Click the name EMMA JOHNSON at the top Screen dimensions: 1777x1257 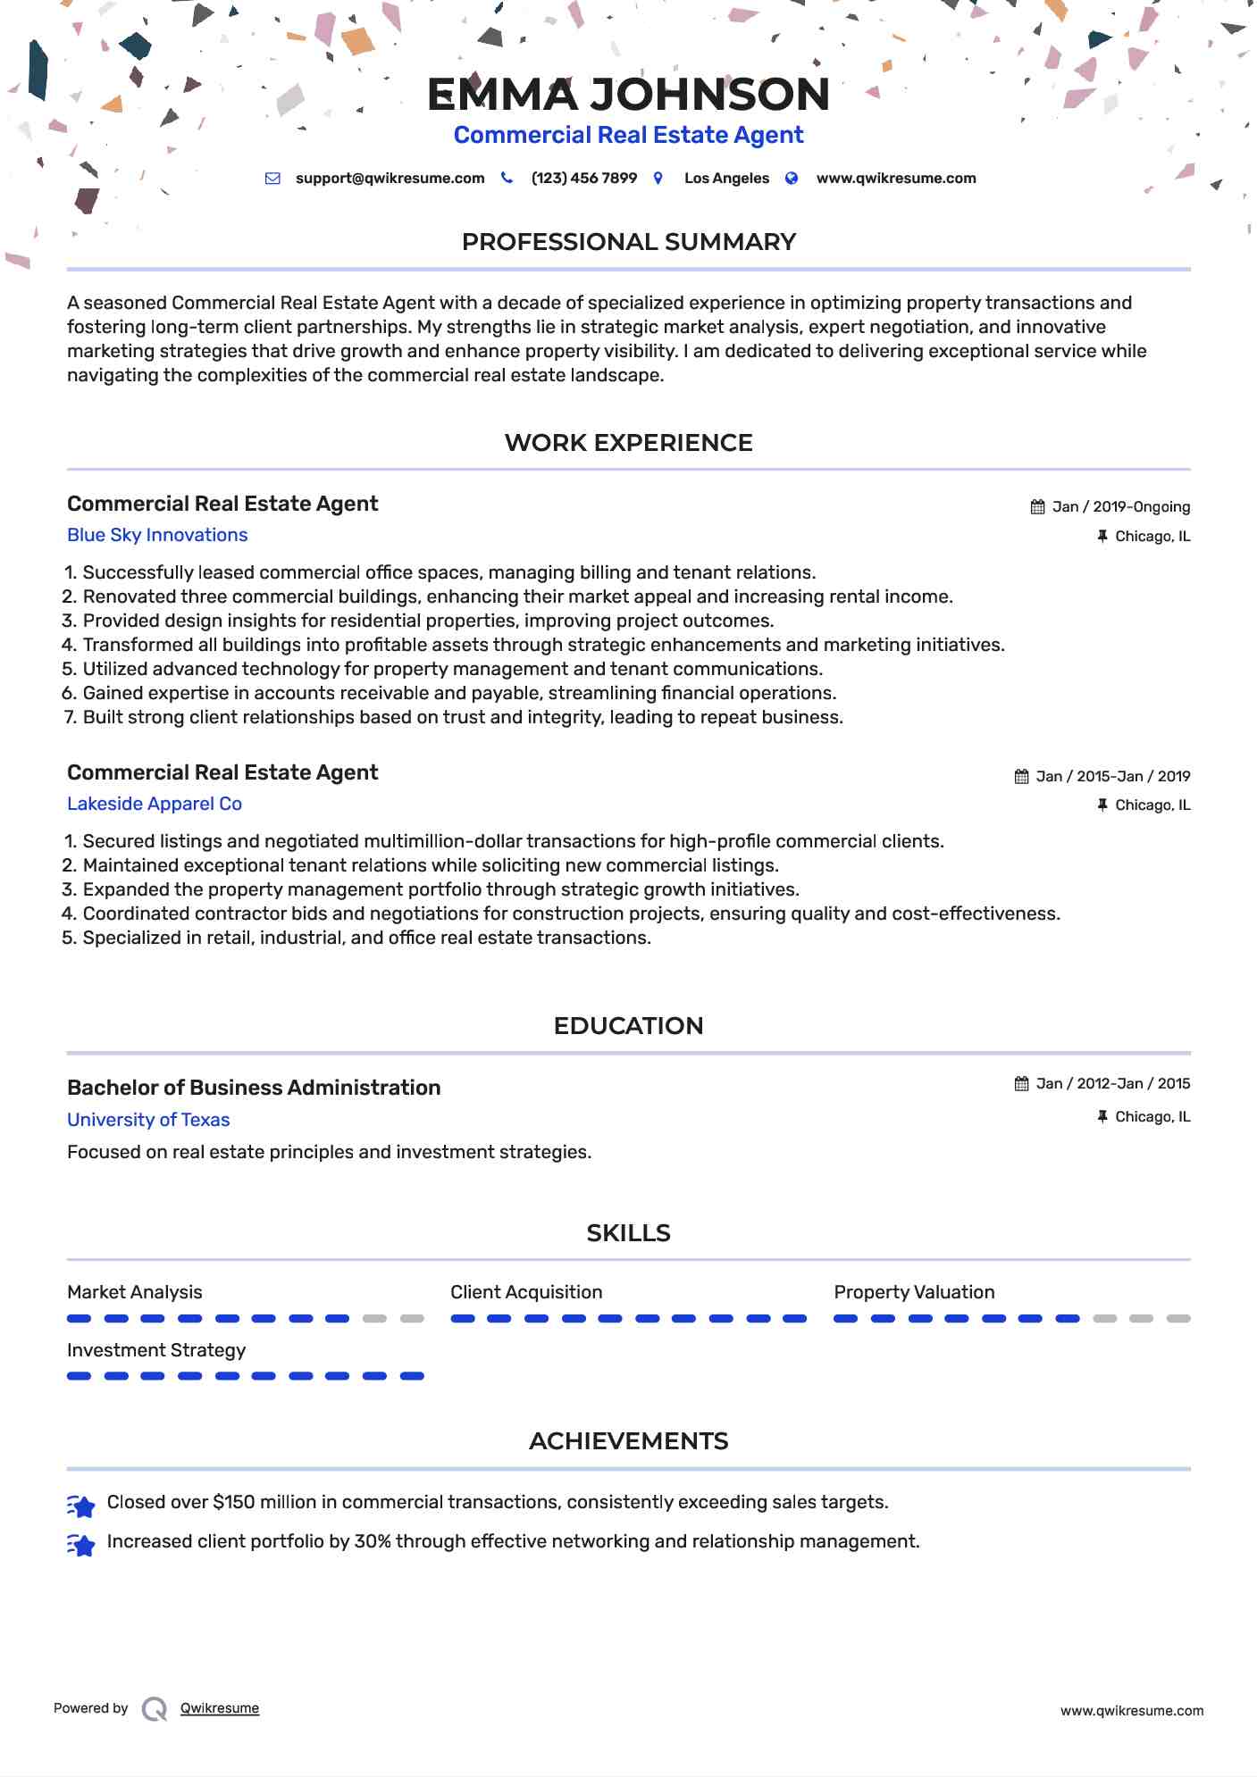[628, 95]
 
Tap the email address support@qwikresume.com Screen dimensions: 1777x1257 [390, 179]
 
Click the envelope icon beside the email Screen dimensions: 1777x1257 [272, 179]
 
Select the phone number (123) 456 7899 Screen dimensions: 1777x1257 [583, 179]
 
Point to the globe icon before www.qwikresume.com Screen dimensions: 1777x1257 [792, 179]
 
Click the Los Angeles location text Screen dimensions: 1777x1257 [726, 179]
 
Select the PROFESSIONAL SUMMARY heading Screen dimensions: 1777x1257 [628, 242]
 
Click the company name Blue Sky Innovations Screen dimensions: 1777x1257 [157, 535]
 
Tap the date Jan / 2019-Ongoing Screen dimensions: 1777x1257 [1120, 507]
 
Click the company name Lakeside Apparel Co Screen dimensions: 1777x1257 [155, 804]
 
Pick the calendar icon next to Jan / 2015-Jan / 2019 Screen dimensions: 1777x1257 [1021, 777]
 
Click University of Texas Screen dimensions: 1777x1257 [148, 1120]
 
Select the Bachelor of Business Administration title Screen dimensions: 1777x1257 [254, 1088]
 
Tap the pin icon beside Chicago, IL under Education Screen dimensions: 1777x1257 [1102, 1117]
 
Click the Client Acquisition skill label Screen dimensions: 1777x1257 [526, 1292]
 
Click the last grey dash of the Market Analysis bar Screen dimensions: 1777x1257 [412, 1319]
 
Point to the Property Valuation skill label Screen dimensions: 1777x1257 [914, 1292]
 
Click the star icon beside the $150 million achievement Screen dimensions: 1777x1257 [81, 1507]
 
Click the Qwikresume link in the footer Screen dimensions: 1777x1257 [220, 1708]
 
